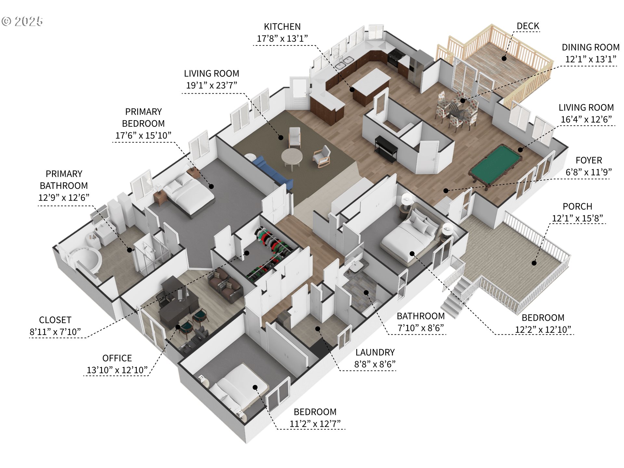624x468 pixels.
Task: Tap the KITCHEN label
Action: coord(282,27)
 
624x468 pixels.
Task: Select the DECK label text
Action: coord(528,26)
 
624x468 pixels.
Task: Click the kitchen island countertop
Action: coord(371,81)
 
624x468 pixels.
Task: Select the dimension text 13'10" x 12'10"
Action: coord(117,370)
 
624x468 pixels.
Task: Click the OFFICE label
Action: coord(117,358)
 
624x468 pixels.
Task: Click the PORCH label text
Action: coord(577,206)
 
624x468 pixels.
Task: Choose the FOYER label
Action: coord(589,160)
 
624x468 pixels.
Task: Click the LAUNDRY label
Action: coord(375,352)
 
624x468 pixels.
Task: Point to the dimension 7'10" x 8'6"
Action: coord(421,328)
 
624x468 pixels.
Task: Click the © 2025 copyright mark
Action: coord(22,21)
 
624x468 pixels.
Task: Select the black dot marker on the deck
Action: coord(504,58)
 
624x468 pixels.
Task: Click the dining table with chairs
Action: coord(457,110)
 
